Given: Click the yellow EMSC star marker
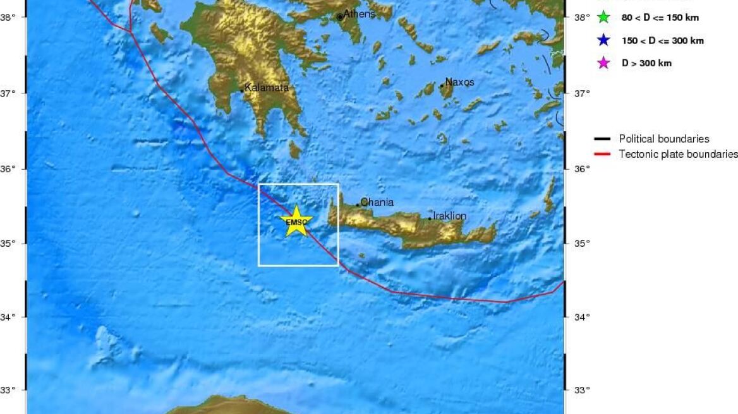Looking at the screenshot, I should tap(296, 222).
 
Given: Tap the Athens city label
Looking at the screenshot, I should tap(359, 14).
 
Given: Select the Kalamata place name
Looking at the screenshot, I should tap(267, 88).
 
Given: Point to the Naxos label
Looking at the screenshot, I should tap(459, 82).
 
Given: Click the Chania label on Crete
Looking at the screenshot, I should tap(377, 203).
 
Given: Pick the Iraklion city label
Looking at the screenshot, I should tap(449, 216).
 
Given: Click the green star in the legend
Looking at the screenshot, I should tap(603, 18).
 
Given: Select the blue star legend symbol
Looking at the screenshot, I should tap(603, 40).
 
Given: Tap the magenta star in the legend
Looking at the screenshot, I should tap(603, 63).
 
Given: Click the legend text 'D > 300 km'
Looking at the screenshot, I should tap(646, 63).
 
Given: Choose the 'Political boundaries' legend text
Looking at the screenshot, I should tap(663, 139).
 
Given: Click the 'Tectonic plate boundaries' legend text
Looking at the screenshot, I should tap(678, 154).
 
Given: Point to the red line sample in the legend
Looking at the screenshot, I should tap(602, 154).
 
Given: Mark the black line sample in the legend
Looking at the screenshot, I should tap(602, 139).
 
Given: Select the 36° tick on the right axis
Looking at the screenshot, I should tap(581, 169).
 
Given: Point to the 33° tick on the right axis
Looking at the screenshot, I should tap(581, 390).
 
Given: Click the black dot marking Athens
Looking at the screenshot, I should tap(340, 17).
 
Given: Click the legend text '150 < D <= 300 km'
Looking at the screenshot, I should tap(662, 40).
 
